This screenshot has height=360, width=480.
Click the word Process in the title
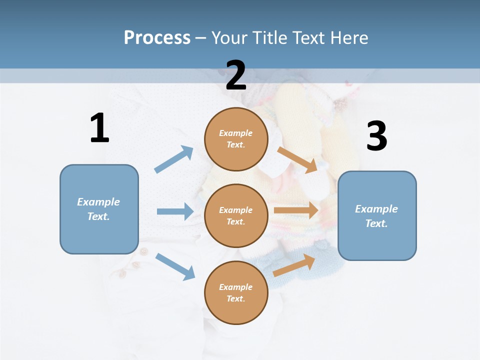157,37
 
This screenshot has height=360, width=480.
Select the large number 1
99,128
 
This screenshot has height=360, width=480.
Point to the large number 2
235,75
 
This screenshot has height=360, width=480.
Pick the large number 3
376,136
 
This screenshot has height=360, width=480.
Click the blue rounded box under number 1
99,209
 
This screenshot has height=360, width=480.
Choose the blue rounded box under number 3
377,215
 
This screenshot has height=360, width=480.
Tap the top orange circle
236,139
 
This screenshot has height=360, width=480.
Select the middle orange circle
236,215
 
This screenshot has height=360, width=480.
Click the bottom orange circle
236,292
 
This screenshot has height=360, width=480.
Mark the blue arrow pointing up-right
174,159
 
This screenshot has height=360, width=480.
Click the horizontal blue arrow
174,211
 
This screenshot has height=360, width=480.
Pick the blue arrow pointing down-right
175,266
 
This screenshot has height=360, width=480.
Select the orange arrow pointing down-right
297,159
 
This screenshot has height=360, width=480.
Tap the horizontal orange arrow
296,210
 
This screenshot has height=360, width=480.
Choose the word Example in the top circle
236,133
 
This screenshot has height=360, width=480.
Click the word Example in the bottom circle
236,287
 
